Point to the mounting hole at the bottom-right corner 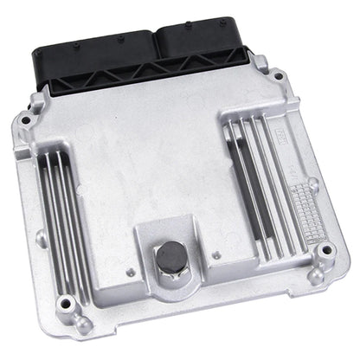pos(325,251)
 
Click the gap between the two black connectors pos(154,43)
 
